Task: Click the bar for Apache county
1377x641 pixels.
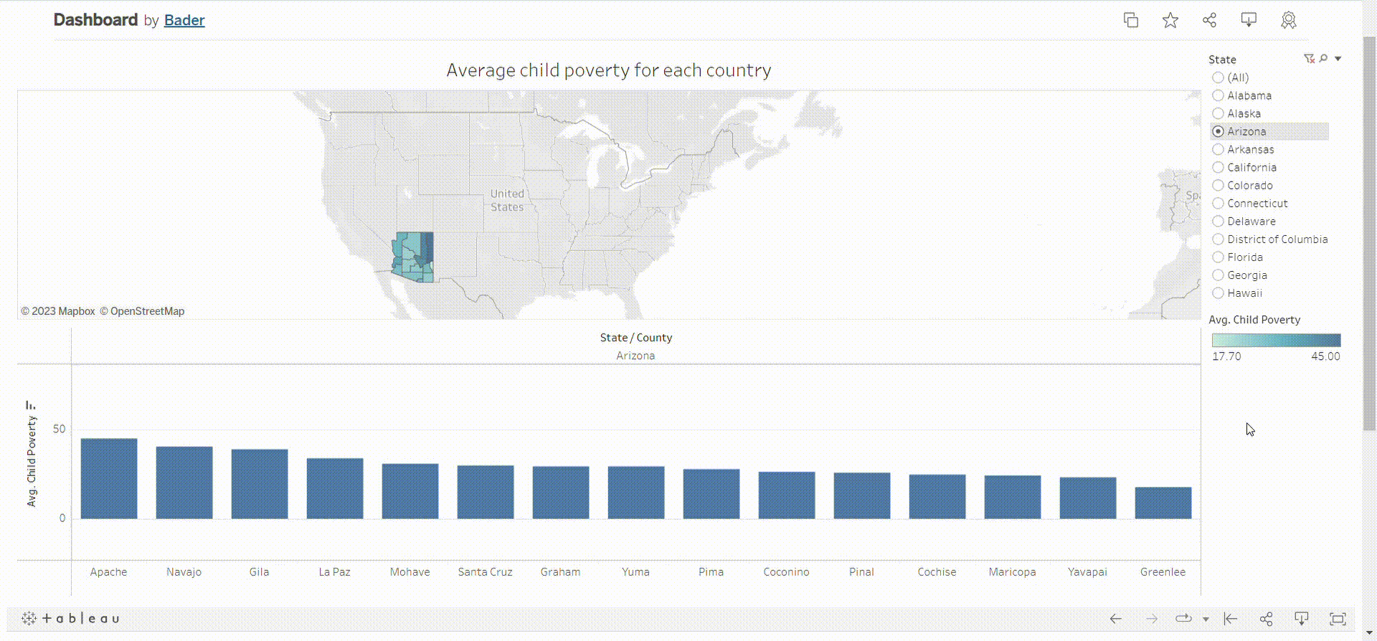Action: (108, 478)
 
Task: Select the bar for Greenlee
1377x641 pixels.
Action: (1163, 503)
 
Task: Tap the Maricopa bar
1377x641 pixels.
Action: (1012, 497)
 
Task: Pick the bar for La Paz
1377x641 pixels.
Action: (334, 488)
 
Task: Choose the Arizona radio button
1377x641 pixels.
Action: (1218, 131)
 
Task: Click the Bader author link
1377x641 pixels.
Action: (184, 20)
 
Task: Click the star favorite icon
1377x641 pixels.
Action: (1170, 20)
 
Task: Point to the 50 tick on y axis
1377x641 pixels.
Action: (59, 429)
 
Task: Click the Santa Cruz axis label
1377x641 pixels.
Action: (485, 572)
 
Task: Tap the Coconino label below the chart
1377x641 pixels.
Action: (786, 572)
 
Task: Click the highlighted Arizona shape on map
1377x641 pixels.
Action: (412, 257)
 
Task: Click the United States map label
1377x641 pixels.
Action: (506, 200)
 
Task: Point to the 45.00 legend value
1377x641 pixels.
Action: (1325, 356)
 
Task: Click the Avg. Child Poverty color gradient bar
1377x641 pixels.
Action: (1275, 340)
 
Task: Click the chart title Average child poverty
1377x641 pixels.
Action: (608, 70)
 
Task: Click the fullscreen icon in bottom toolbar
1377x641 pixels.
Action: (1337, 619)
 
